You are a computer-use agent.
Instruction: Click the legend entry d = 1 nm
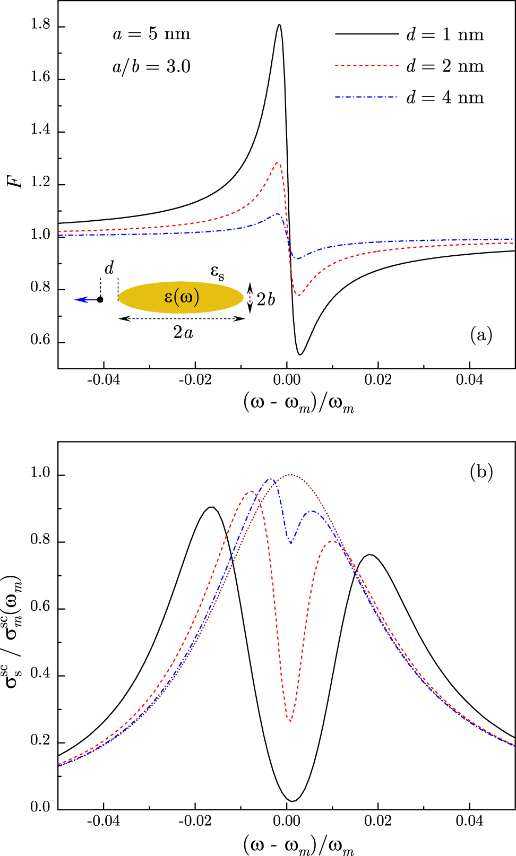pos(445,35)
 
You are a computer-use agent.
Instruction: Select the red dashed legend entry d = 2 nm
pos(445,66)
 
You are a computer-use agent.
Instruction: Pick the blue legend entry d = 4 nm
pos(445,98)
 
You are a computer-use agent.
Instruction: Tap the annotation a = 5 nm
pos(151,34)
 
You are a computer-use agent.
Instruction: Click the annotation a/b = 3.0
pos(151,67)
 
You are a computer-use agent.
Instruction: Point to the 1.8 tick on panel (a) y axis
pos(41,27)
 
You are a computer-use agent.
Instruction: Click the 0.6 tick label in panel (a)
pos(41,341)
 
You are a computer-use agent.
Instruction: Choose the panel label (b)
pos(481,471)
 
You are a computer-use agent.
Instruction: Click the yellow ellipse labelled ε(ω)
pos(181,297)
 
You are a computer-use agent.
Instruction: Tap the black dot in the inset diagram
pos(100,300)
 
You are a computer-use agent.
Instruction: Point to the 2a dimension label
pos(183,332)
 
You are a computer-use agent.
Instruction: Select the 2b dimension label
pos(265,299)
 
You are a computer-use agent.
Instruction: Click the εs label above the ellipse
pos(217,272)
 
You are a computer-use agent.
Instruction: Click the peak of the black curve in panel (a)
pos(279,24)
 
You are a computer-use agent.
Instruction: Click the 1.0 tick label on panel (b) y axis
pos(41,475)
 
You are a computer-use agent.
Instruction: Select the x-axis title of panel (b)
pos(299,844)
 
